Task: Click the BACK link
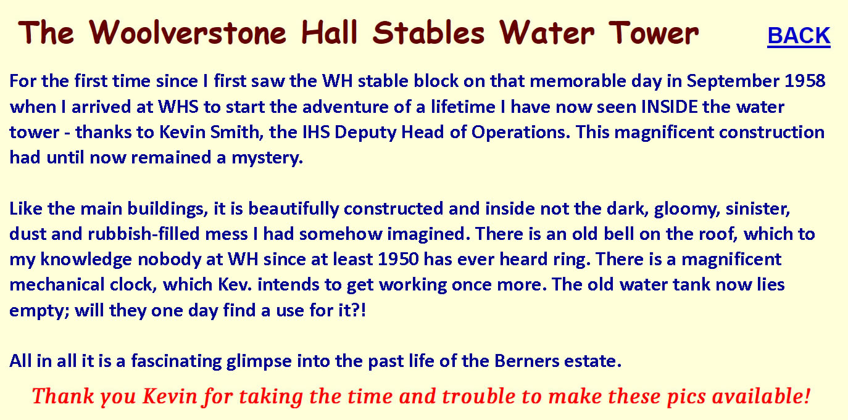799,36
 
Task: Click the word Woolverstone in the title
188,33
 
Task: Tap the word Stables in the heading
428,33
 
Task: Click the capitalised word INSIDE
669,107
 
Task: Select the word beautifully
293,209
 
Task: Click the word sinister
757,209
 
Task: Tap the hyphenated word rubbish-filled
144,234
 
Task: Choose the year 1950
398,260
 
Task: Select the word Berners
526,361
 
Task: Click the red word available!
761,396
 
